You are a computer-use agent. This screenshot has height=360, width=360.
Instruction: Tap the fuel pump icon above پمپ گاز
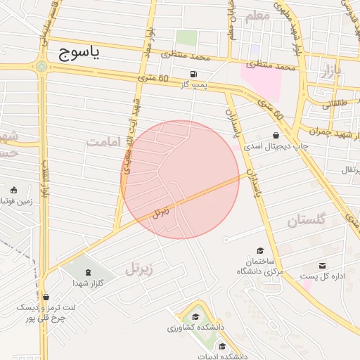(x=193, y=74)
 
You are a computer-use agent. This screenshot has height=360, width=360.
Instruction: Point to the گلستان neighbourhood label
(x=307, y=221)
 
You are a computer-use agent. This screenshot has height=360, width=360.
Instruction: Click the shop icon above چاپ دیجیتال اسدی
(x=275, y=135)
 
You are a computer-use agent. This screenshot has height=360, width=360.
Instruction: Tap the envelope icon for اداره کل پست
(x=322, y=265)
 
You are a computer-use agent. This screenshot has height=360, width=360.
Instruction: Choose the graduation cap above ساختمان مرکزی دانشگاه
(x=259, y=250)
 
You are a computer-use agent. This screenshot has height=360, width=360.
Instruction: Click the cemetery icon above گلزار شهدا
(x=88, y=271)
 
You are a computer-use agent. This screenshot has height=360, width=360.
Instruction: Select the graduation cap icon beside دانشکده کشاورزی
(x=195, y=316)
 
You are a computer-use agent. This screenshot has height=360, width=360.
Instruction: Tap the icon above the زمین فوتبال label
(x=13, y=189)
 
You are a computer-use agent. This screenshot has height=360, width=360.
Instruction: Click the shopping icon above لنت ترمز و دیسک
(x=46, y=297)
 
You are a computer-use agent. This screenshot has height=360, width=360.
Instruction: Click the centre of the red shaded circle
(x=181, y=179)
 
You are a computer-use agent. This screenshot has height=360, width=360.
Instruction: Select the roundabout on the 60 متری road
(x=43, y=67)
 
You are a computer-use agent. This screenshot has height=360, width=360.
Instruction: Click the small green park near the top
(x=186, y=38)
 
